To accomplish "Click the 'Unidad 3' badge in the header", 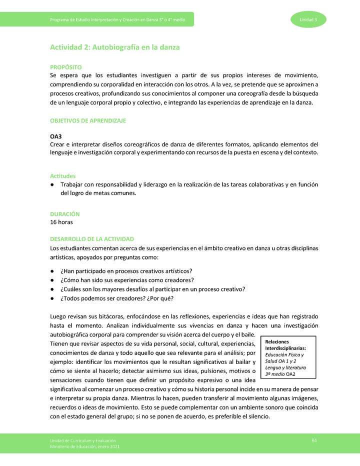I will pos(308,19).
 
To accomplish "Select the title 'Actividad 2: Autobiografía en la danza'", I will pos(114,47).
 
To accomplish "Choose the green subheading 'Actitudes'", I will pos(62,176).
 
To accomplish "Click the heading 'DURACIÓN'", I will pos(64,213).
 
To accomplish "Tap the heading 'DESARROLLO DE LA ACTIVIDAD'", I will pos(91,239).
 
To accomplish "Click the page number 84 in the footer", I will pos(314,440).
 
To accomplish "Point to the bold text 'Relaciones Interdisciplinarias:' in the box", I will pos(286,345).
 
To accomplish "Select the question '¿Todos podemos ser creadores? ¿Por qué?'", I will pos(117,298).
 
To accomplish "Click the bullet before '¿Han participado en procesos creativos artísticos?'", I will pos(52,270).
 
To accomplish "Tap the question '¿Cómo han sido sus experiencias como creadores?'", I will pos(127,280).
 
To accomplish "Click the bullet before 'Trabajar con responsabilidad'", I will pos(52,185).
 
